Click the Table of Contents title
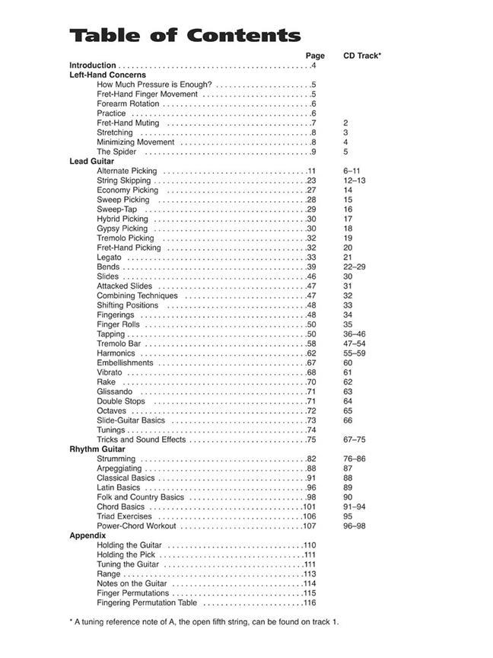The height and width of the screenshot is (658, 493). click(185, 35)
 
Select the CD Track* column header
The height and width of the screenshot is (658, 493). click(362, 56)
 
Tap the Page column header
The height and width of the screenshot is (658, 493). click(315, 56)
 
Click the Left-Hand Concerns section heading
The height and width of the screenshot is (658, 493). click(107, 75)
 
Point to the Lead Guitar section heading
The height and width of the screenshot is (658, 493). click(91, 161)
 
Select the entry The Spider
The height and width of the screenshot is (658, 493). click(116, 152)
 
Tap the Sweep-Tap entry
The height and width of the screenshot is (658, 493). click(116, 209)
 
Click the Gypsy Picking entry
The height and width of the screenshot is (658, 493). click(122, 228)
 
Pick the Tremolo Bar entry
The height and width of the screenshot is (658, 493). click(119, 343)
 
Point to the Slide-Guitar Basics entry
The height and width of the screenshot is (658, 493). click(130, 420)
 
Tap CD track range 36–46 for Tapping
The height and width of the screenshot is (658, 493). click(354, 334)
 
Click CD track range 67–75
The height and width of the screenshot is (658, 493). click(354, 439)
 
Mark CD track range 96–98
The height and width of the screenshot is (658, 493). click(354, 525)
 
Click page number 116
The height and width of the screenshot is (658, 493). click(309, 602)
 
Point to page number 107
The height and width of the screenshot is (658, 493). click(309, 525)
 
